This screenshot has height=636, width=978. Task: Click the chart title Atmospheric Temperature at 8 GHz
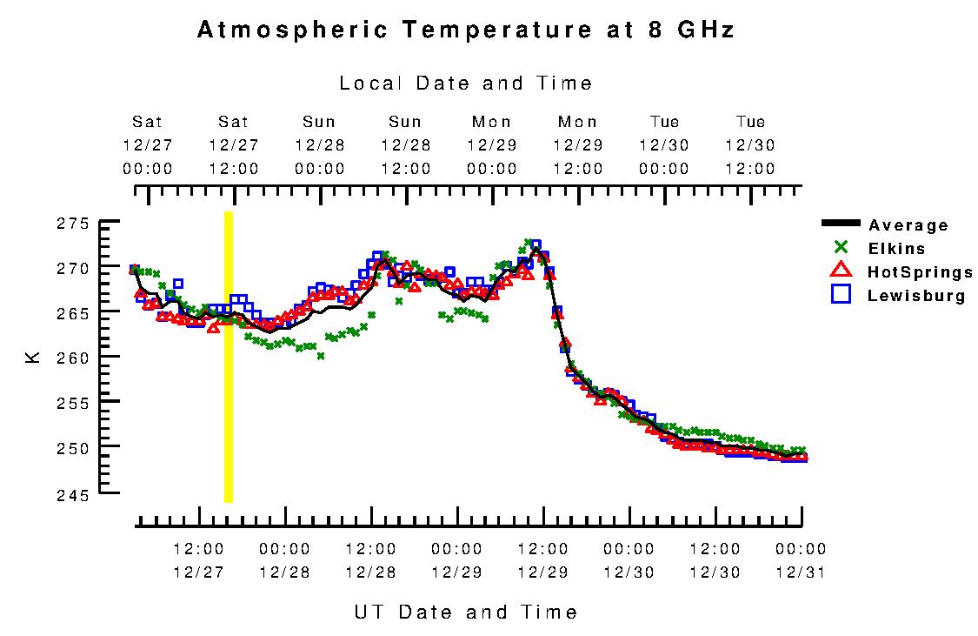466,30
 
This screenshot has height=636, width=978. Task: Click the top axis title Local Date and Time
466,84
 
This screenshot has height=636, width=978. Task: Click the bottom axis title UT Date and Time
466,612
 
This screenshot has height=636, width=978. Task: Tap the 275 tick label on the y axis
74,223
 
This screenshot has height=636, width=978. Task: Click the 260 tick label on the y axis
74,358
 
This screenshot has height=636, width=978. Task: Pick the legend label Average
908,225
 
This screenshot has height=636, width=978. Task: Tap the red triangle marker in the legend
840,271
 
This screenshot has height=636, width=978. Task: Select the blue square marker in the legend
840,294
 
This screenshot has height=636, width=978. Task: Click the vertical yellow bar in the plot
229,357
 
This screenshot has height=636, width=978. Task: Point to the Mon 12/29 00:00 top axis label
492,144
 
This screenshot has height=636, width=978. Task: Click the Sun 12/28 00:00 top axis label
320,144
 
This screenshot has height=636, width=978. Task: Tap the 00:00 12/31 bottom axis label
801,560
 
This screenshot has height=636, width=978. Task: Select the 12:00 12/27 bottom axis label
198,560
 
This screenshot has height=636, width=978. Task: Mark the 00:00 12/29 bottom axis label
456,560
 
